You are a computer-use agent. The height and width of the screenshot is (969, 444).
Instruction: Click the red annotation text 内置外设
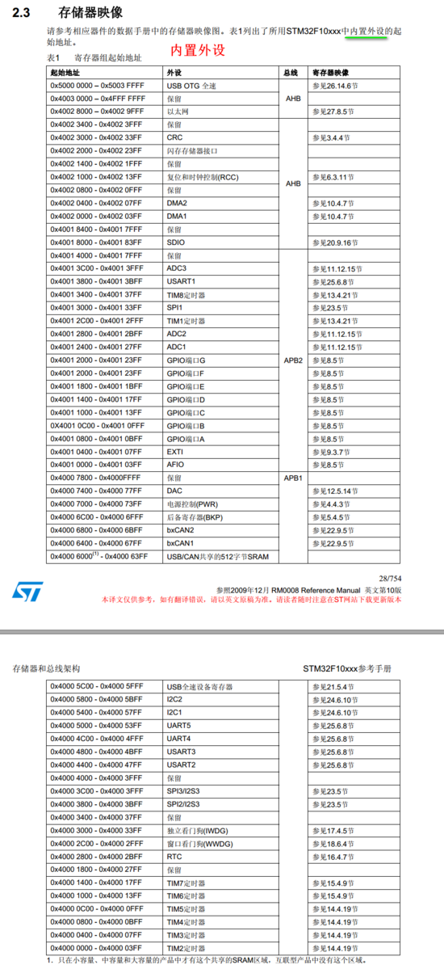coord(197,50)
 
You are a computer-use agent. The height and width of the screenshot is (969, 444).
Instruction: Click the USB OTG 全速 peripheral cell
coord(192,85)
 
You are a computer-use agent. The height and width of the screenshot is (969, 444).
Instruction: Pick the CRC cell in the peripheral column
coord(175,137)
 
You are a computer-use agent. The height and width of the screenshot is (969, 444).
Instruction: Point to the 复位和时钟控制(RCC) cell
coord(203,177)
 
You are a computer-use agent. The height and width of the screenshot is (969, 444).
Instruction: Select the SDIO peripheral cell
coord(177,242)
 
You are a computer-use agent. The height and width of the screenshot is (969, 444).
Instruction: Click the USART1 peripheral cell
coord(182,281)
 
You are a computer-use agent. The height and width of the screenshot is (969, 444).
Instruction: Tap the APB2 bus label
coord(294,360)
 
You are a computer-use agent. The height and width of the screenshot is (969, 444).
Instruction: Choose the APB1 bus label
coord(294,478)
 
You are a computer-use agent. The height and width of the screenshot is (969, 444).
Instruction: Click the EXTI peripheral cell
coord(176,452)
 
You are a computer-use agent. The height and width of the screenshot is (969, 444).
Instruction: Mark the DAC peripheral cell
coord(176,491)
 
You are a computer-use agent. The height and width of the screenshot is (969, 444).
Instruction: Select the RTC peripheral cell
coord(174,857)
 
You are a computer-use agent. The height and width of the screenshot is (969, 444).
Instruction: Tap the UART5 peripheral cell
coord(179,725)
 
